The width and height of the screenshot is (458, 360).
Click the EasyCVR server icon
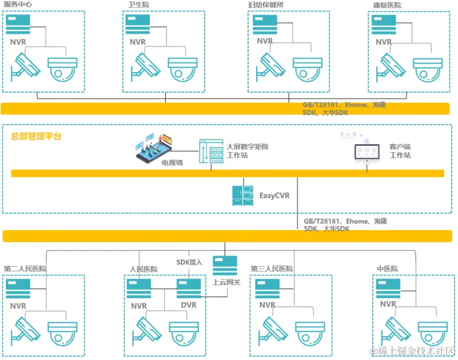pyautogui.click(x=242, y=196)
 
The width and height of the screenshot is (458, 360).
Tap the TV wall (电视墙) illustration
pyautogui.click(x=154, y=147)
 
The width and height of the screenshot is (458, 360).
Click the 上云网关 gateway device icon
pyautogui.click(x=225, y=266)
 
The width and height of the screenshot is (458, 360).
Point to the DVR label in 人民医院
pyautogui.click(x=188, y=305)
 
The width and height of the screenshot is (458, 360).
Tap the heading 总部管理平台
pyautogui.click(x=36, y=136)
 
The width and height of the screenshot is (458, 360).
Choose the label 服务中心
pyautogui.click(x=18, y=5)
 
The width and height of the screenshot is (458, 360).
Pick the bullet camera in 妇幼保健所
pyautogui.click(x=270, y=65)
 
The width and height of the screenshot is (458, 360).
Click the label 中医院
pyautogui.click(x=387, y=268)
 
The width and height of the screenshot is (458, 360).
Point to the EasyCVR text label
pyautogui.click(x=274, y=196)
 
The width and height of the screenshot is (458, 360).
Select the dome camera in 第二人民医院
pyautogui.click(x=62, y=334)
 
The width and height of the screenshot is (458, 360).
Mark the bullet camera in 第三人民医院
pyautogui.click(x=274, y=331)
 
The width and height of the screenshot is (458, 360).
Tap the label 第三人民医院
pyautogui.click(x=272, y=268)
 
